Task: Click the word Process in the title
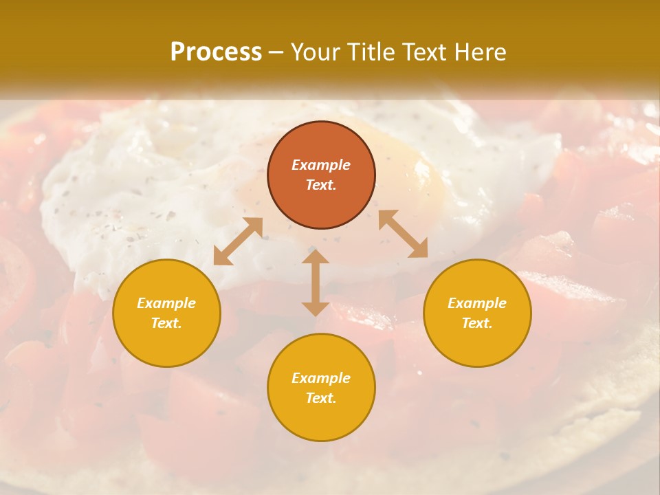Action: click(216, 52)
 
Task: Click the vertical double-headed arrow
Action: click(316, 283)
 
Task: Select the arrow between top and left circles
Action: click(238, 241)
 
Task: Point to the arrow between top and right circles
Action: click(403, 234)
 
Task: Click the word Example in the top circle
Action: click(321, 165)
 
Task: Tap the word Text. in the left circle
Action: click(166, 323)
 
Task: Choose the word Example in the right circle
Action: click(477, 303)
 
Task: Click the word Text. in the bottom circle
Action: click(321, 398)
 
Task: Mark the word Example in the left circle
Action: click(166, 303)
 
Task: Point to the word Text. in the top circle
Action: click(321, 185)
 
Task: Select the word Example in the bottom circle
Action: click(321, 378)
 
